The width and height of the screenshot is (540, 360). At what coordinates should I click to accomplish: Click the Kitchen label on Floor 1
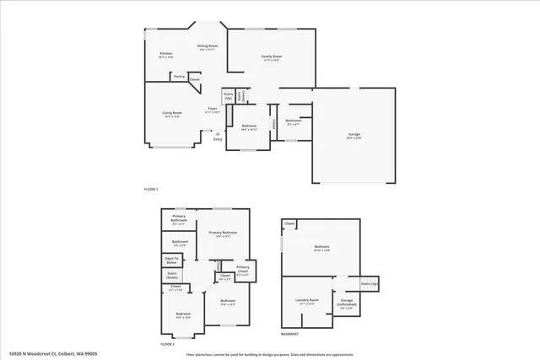(166, 55)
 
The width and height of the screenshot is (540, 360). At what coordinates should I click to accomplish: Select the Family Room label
(271, 57)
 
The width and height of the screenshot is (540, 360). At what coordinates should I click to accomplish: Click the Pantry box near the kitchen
(179, 77)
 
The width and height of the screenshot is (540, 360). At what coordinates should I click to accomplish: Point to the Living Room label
(172, 114)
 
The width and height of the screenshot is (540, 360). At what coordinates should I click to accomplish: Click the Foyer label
(214, 110)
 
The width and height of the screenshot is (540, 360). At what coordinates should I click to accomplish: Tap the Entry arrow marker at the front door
(217, 133)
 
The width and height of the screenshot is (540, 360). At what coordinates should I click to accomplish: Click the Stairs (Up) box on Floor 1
(228, 97)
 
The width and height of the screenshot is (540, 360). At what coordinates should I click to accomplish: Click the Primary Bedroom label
(224, 234)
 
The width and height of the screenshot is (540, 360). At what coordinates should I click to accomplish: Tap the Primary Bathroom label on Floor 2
(180, 221)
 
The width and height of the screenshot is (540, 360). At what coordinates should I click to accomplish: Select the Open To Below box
(172, 260)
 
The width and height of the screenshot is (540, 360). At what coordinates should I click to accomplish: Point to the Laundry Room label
(308, 301)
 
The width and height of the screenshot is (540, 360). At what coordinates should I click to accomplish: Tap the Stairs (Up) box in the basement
(369, 284)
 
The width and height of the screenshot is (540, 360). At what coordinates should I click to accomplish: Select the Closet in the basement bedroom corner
(289, 223)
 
